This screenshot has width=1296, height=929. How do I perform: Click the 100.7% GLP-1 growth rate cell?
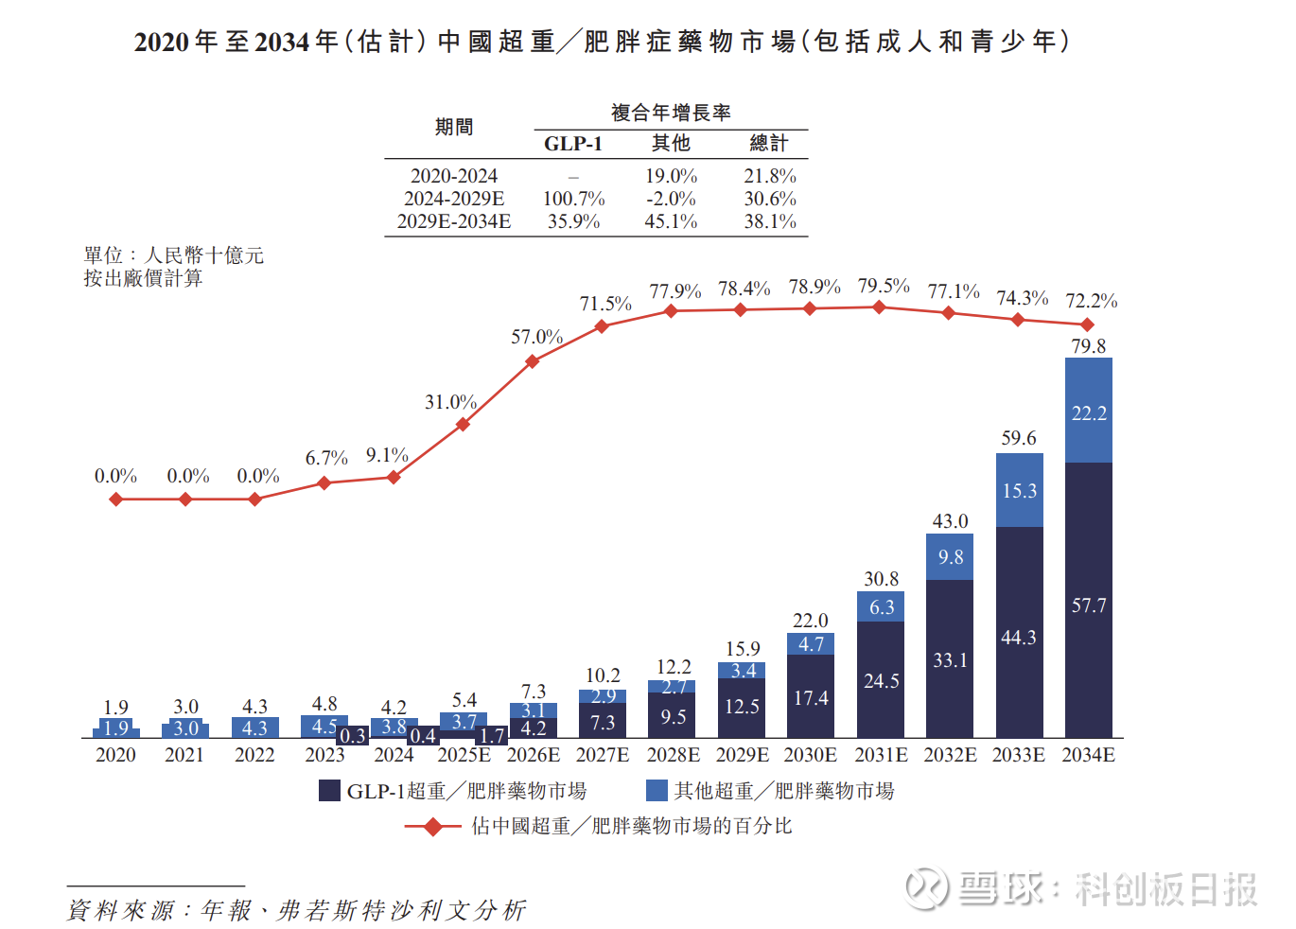pyautogui.click(x=573, y=199)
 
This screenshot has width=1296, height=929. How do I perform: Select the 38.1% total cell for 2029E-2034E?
pyautogui.click(x=770, y=221)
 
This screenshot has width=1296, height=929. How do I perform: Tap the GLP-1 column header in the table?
pyautogui.click(x=572, y=144)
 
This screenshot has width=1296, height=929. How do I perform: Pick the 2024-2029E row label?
pyautogui.click(x=454, y=199)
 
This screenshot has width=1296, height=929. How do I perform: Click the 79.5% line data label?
pyautogui.click(x=884, y=286)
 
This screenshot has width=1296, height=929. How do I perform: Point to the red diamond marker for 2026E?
pyautogui.click(x=533, y=361)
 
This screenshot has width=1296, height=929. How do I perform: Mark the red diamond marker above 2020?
pyautogui.click(x=116, y=499)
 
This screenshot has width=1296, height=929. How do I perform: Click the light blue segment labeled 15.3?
pyautogui.click(x=1019, y=490)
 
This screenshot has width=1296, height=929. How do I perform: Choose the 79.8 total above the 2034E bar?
pyautogui.click(x=1088, y=346)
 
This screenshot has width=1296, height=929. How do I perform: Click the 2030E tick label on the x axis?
pyautogui.click(x=811, y=755)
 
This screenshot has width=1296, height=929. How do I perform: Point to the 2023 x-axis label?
pyautogui.click(x=324, y=755)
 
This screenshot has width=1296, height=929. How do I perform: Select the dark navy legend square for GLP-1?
pyautogui.click(x=329, y=791)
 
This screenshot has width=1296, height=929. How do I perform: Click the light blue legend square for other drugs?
pyautogui.click(x=657, y=791)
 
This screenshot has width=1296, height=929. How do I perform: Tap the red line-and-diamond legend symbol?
pyautogui.click(x=432, y=827)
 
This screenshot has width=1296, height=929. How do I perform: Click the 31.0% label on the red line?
pyautogui.click(x=450, y=402)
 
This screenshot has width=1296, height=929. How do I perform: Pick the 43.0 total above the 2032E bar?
pyautogui.click(x=950, y=521)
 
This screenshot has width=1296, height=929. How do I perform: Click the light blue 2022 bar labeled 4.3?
pyautogui.click(x=254, y=727)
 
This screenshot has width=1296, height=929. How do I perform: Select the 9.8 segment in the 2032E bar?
pyautogui.click(x=950, y=557)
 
